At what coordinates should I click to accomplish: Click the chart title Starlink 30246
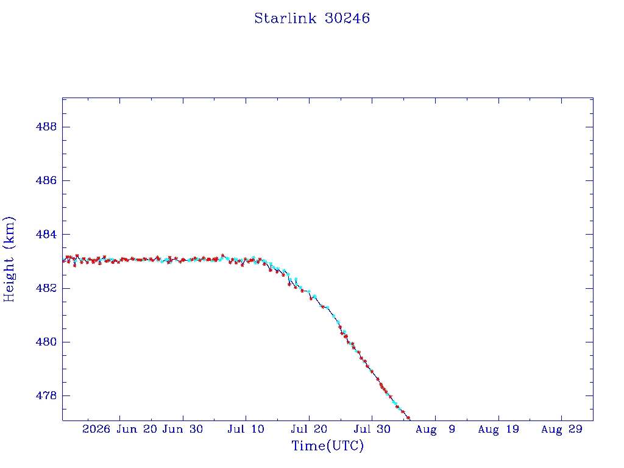tap(312, 18)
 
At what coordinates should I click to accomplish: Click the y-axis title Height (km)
tap(9, 259)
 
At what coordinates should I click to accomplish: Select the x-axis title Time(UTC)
tap(327, 445)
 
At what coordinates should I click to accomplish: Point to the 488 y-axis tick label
tap(46, 127)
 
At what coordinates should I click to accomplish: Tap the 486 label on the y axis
tap(46, 180)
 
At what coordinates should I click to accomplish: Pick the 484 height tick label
tap(46, 235)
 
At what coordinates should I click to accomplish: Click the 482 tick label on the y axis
tap(46, 288)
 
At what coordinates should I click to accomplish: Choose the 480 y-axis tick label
tap(46, 342)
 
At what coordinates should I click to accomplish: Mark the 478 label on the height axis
tap(46, 395)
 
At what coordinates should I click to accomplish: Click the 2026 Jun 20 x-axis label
tap(120, 429)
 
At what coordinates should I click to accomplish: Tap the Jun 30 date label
tap(183, 429)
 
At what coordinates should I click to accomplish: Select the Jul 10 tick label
tap(246, 429)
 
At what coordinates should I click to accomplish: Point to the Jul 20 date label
tap(309, 429)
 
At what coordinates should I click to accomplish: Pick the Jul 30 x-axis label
tap(372, 429)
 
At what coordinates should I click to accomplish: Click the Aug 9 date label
tap(435, 430)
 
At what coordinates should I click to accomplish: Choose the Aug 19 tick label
tap(498, 430)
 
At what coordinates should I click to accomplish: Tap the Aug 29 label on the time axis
tap(561, 430)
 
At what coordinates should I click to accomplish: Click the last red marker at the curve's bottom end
tap(408, 417)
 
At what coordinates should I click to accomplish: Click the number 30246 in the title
tap(347, 18)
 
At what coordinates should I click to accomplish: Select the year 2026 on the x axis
tap(96, 429)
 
